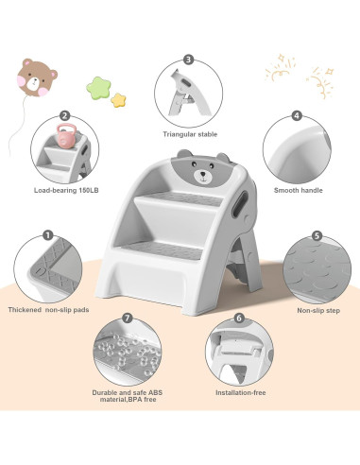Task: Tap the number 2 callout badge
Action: click(x=64, y=116)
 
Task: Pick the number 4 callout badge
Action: click(x=295, y=116)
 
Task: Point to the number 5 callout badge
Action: click(x=317, y=235)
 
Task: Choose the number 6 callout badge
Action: click(x=239, y=319)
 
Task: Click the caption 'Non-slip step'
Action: click(x=318, y=310)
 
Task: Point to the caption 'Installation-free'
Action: click(x=240, y=390)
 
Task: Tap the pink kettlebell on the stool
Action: click(x=65, y=137)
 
